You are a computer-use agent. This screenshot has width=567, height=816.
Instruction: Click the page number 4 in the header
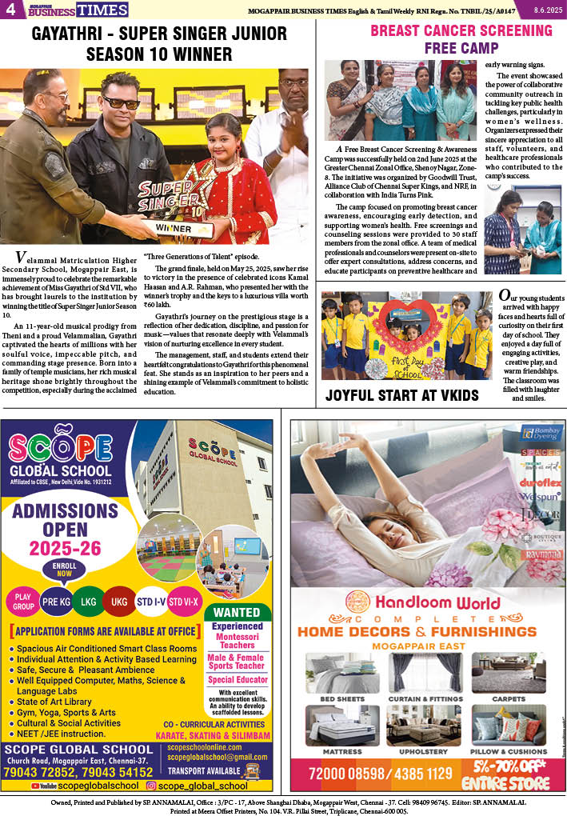[10, 10]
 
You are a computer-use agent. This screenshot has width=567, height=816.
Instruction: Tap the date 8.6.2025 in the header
[547, 9]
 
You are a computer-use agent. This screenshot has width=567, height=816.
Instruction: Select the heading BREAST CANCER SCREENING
[461, 31]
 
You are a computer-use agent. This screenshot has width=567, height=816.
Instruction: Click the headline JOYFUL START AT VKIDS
[401, 395]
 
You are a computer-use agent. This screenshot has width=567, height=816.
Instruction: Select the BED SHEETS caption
[341, 698]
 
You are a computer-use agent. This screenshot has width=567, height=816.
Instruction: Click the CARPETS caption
[509, 698]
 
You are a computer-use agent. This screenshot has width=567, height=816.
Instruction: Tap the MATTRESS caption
[341, 752]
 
